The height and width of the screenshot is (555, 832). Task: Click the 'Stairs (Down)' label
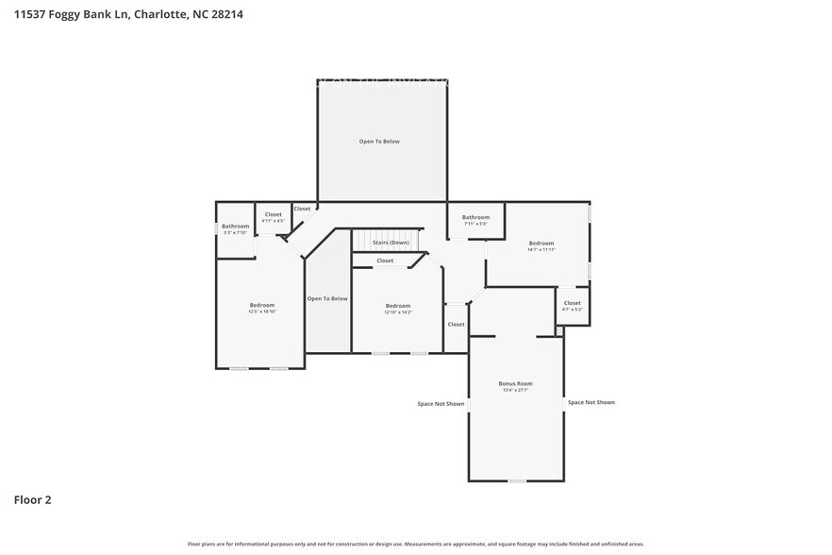pos(384,243)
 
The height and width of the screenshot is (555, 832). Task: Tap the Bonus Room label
pos(515,383)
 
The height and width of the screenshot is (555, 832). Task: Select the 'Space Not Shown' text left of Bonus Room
pos(441,404)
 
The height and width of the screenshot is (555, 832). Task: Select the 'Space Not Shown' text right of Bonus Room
pos(591,402)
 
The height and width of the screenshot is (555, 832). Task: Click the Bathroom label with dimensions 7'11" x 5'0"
pos(475,217)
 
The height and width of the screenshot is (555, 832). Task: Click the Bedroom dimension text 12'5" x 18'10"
pos(261,311)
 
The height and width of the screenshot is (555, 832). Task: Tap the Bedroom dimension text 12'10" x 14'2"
pos(398,311)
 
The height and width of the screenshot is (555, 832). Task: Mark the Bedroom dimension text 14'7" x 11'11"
pos(541,249)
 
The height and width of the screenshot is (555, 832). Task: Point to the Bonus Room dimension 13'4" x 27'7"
pos(515,390)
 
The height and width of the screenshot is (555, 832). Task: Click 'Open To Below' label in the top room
pos(379,142)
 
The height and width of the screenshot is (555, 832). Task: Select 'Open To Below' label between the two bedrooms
pos(327,298)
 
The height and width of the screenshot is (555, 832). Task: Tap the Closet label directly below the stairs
pos(385,261)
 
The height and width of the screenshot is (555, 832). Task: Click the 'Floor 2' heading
pos(32,499)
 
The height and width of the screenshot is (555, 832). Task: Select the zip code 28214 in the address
pos(225,14)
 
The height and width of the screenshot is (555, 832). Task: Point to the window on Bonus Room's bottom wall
pos(516,481)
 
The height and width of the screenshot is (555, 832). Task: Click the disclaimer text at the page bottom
pos(416,544)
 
